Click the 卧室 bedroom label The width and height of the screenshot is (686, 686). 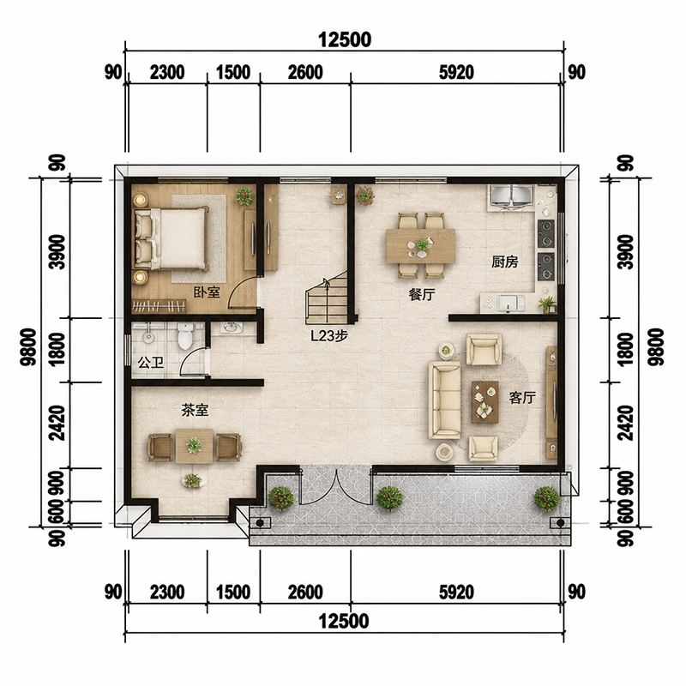click(x=207, y=292)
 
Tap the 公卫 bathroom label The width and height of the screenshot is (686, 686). click(x=151, y=362)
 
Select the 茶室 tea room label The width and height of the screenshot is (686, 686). click(x=196, y=411)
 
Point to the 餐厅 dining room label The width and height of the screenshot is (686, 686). click(x=422, y=294)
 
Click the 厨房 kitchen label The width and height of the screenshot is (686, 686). click(x=504, y=262)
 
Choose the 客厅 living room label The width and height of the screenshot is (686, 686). click(x=522, y=398)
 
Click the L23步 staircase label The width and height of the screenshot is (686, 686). click(x=329, y=336)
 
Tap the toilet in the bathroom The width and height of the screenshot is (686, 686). click(x=185, y=335)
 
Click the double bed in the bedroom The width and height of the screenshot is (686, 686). click(x=171, y=238)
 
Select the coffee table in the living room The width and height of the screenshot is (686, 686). click(x=485, y=401)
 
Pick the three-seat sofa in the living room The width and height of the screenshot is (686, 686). click(x=444, y=400)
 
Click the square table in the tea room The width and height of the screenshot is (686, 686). click(x=195, y=446)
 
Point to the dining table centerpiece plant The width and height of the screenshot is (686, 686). click(x=423, y=244)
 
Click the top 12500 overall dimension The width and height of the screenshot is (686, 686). click(x=345, y=39)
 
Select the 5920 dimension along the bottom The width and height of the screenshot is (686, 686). click(x=456, y=593)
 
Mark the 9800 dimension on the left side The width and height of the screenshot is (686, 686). click(x=29, y=347)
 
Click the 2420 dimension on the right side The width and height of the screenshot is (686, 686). click(x=627, y=423)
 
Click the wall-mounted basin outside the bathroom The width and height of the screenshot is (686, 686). click(x=232, y=328)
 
